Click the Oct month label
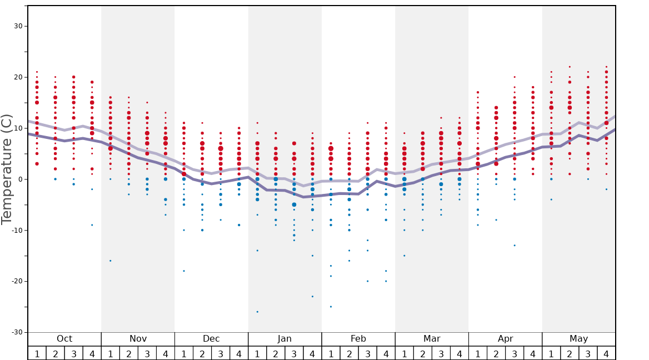click(64, 339)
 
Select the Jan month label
click(284, 339)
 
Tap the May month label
click(578, 339)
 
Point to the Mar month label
click(432, 339)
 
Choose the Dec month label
click(211, 339)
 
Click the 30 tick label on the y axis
click(18, 26)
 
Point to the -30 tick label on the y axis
click(17, 332)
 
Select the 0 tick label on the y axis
click(21, 179)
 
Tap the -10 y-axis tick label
click(17, 230)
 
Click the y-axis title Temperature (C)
click(7, 169)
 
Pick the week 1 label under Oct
click(37, 353)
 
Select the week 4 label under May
click(606, 353)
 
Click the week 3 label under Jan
click(294, 353)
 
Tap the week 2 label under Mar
click(422, 353)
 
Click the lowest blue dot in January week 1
click(257, 312)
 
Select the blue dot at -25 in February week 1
click(331, 307)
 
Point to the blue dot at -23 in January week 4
click(312, 296)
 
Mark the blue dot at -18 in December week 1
click(184, 271)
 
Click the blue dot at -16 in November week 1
click(111, 261)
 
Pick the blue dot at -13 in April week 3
click(515, 246)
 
